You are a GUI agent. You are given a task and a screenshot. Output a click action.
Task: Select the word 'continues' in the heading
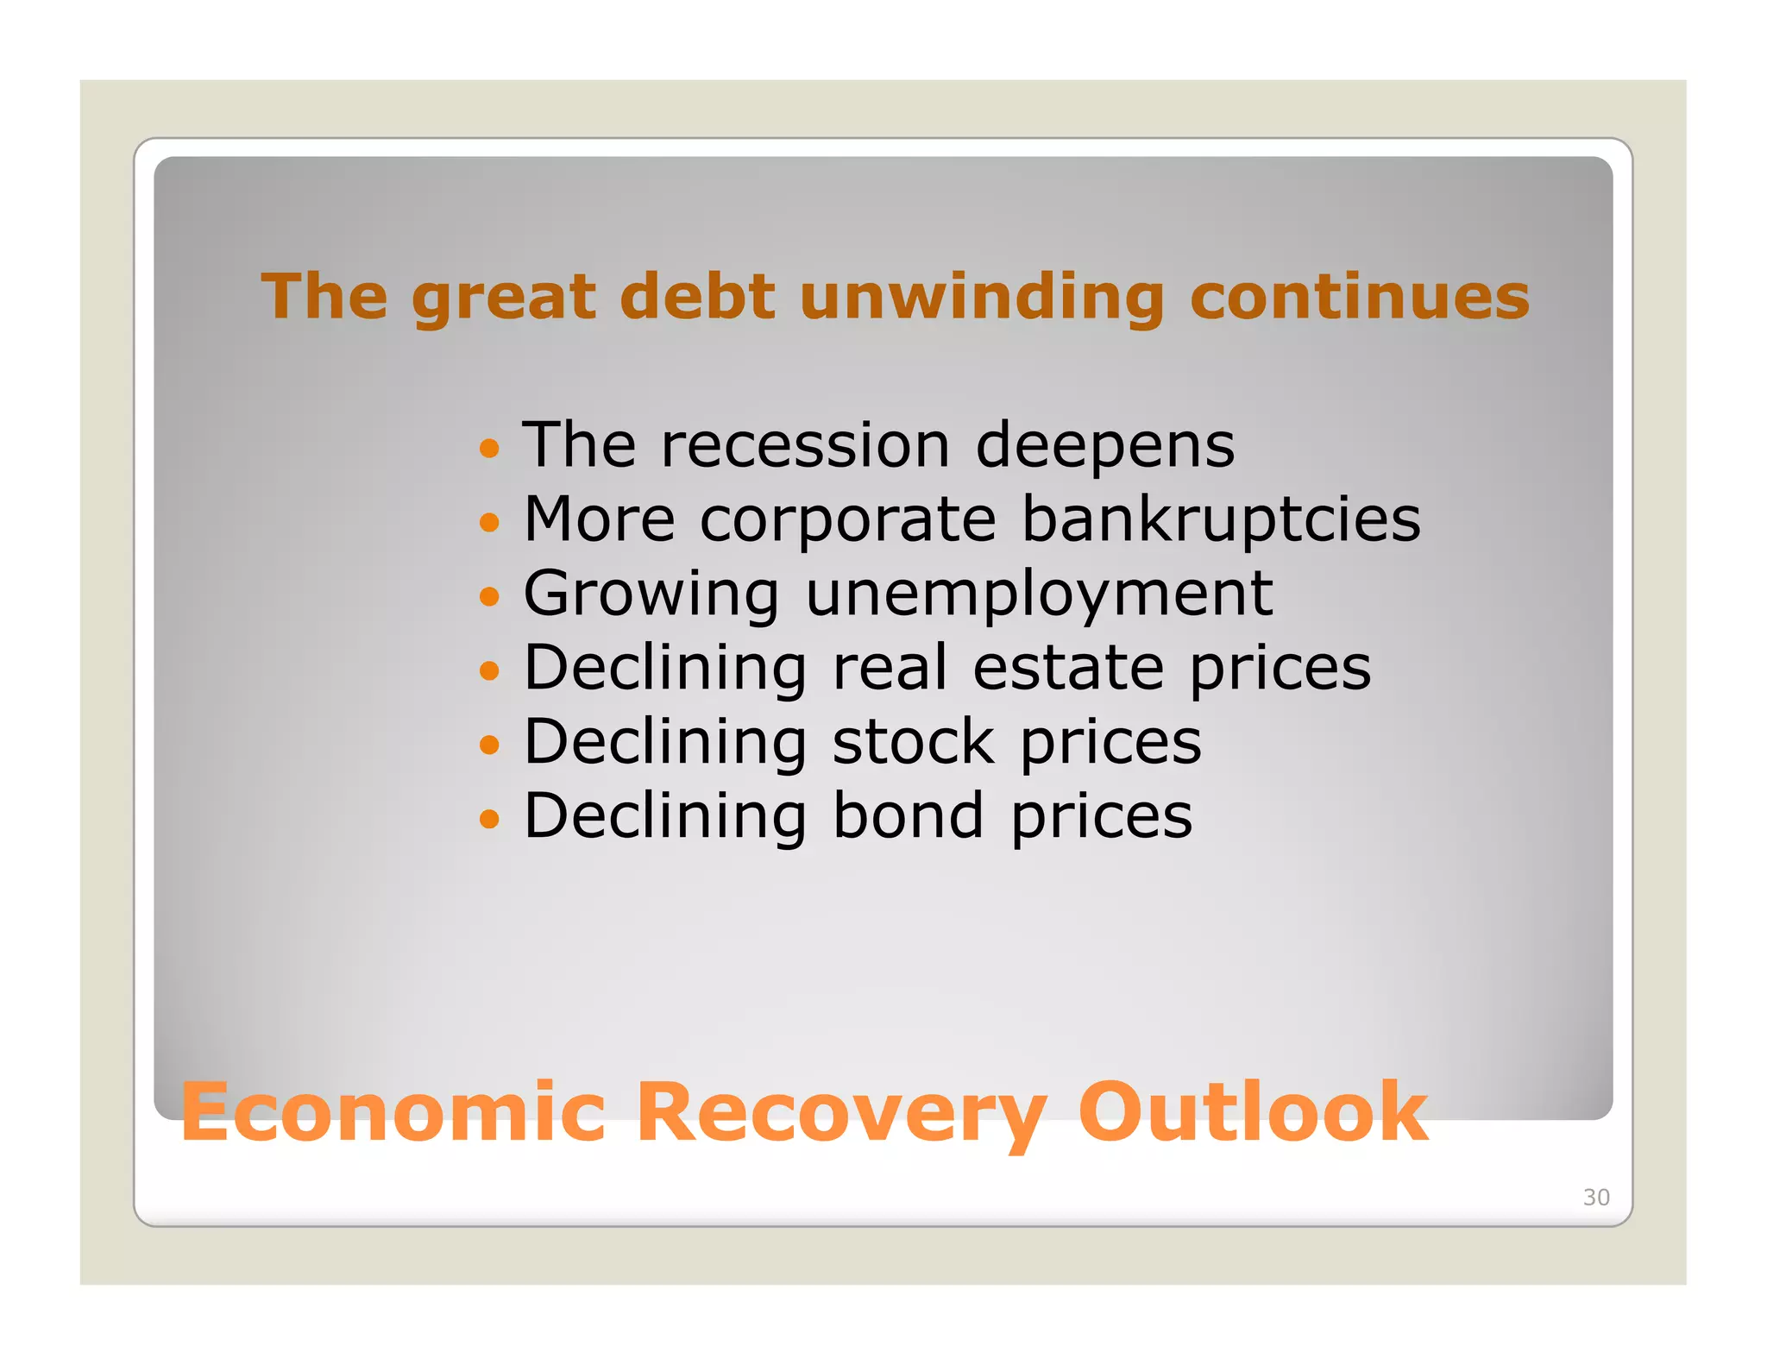tap(1359, 296)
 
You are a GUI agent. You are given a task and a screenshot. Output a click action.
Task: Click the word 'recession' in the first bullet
tap(805, 446)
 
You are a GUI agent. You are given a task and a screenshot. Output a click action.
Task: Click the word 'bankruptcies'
tap(1221, 521)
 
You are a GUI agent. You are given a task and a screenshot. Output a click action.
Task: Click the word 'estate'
tap(1068, 669)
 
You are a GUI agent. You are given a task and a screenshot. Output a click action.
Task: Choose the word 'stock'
tap(913, 743)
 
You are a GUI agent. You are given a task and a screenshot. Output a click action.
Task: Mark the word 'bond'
tap(908, 816)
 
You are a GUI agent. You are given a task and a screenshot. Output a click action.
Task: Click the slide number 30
tap(1595, 1198)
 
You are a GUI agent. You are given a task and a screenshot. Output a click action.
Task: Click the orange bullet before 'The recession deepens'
tap(489, 448)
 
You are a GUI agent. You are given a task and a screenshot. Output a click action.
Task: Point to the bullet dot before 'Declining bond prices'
tap(489, 818)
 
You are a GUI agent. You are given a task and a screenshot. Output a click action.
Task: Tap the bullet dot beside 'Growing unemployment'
tap(489, 596)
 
